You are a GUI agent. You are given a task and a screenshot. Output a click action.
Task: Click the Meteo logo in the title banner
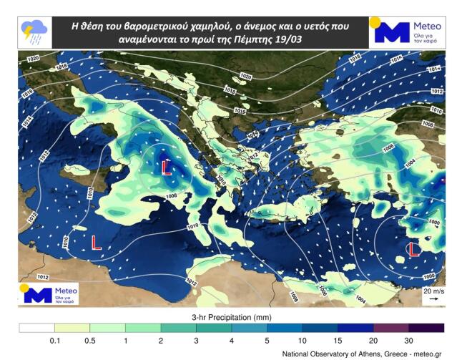pyautogui.click(x=408, y=31)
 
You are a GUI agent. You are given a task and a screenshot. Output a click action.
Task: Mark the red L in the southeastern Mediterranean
pyautogui.click(x=413, y=249)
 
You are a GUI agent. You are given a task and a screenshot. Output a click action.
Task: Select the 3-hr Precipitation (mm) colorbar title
pyautogui.click(x=235, y=316)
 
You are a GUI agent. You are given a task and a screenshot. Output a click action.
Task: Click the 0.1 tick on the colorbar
pyautogui.click(x=54, y=340)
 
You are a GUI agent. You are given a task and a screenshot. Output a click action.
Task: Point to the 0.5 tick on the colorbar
pyautogui.click(x=90, y=340)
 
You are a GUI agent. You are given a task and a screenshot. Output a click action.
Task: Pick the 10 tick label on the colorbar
pyautogui.click(x=303, y=340)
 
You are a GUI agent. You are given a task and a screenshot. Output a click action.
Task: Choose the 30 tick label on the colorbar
pyautogui.click(x=409, y=340)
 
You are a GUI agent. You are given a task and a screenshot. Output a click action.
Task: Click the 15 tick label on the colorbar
pyautogui.click(x=338, y=340)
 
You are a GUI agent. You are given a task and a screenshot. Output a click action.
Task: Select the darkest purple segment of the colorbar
pyautogui.click(x=427, y=328)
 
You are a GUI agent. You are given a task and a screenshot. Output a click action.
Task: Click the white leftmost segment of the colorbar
pyautogui.click(x=36, y=328)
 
